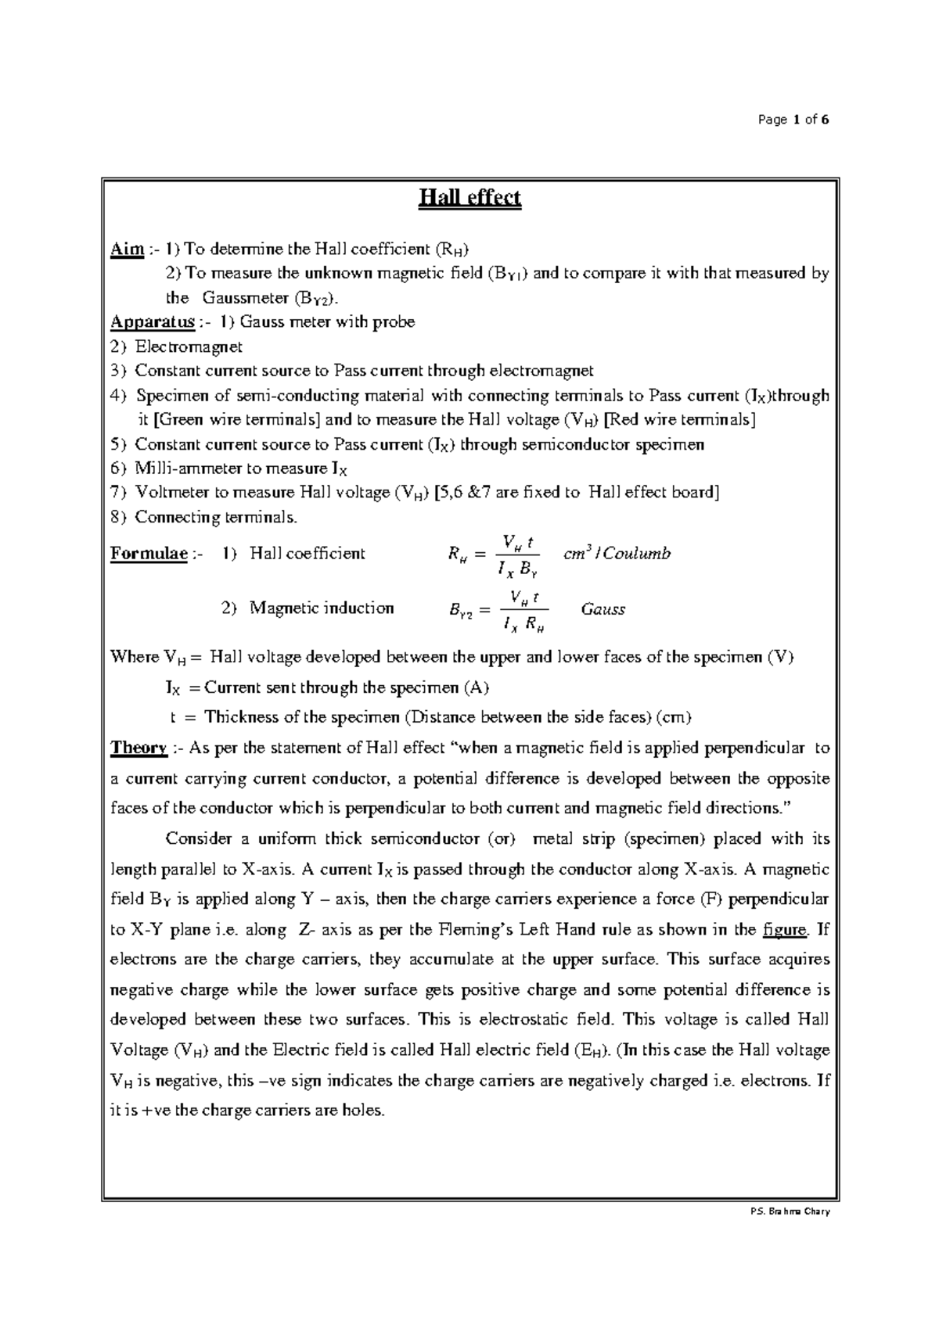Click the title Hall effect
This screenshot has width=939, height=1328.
pyautogui.click(x=469, y=199)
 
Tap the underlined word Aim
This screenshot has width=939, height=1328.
pyautogui.click(x=127, y=249)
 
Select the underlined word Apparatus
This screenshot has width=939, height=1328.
pyautogui.click(x=153, y=322)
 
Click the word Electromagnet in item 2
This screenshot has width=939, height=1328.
pyautogui.click(x=189, y=346)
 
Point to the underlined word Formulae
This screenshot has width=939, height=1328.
pyautogui.click(x=149, y=555)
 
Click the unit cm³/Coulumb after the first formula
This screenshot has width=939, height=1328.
pyautogui.click(x=617, y=554)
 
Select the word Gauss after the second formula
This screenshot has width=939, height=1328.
pyautogui.click(x=603, y=610)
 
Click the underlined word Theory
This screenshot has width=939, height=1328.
pyautogui.click(x=139, y=748)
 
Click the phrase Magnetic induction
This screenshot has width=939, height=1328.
pyautogui.click(x=321, y=608)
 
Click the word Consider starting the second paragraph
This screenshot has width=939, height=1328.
pyautogui.click(x=199, y=839)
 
